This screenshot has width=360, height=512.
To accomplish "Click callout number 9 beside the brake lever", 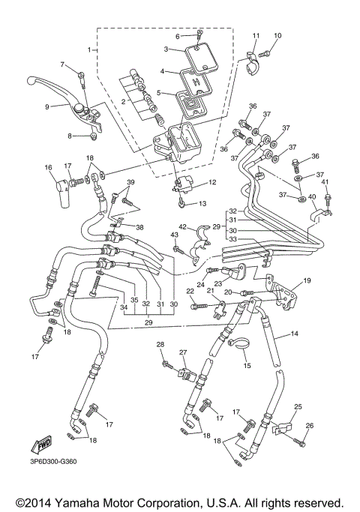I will [46, 106].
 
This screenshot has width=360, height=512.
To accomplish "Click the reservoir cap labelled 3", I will [194, 55].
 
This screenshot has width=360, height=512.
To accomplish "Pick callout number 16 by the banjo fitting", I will [48, 167].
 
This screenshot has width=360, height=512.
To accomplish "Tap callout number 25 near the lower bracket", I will [298, 406].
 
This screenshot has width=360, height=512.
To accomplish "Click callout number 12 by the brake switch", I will [212, 182].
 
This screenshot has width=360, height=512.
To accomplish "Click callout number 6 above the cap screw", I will [178, 35].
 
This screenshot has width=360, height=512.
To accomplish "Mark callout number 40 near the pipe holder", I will [312, 197].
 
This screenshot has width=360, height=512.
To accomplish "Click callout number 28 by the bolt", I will [160, 344].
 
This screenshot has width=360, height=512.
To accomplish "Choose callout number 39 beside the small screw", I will [130, 183].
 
